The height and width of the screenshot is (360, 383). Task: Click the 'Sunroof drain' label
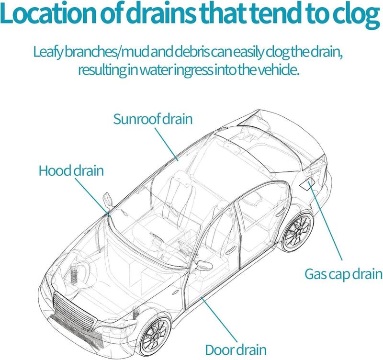click(153, 119)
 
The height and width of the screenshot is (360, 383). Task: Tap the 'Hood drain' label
click(71, 170)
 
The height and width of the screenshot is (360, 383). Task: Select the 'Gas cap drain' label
click(343, 274)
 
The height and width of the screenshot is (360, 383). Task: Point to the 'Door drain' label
click(236, 349)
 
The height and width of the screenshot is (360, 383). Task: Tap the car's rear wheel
click(298, 232)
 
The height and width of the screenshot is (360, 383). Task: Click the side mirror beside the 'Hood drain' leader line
click(107, 200)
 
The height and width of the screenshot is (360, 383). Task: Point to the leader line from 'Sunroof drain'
click(167, 144)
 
